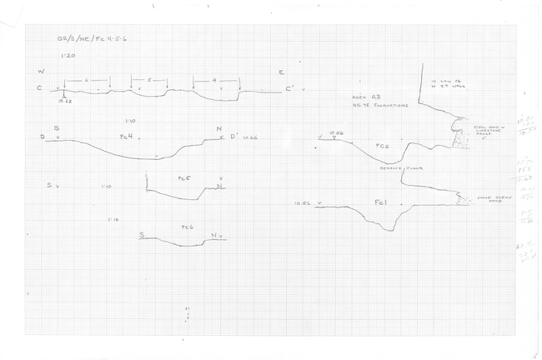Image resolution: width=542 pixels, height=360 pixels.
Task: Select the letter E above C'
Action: [281, 72]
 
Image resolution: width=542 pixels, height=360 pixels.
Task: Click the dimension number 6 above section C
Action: [88, 80]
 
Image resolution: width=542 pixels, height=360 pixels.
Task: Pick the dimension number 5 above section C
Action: [150, 80]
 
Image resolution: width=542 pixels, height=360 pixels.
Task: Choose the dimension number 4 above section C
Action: [214, 80]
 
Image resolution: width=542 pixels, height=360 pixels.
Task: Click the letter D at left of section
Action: [42, 136]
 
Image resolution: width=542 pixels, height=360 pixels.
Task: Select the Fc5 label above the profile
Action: [184, 178]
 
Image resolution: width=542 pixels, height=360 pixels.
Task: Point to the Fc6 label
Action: [188, 227]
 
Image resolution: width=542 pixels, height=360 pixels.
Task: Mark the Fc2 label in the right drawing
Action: [383, 147]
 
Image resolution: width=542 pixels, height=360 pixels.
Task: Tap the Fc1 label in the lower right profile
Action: [380, 203]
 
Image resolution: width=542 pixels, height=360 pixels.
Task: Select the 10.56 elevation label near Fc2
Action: [336, 132]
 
